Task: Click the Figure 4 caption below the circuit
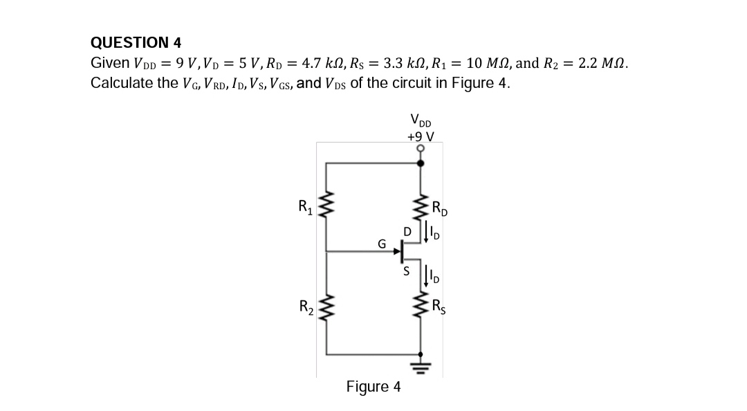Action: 373,386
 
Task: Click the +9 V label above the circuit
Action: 421,136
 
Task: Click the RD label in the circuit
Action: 439,207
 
